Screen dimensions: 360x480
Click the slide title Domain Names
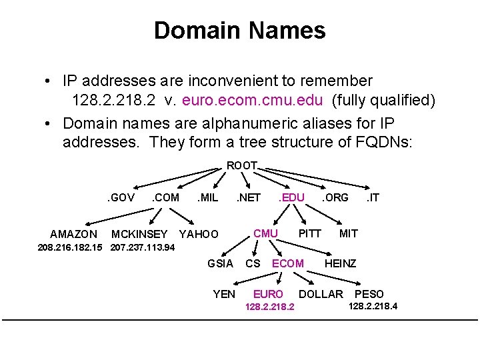pos(239,31)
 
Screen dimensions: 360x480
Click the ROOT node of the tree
pos(242,165)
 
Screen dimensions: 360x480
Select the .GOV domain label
pos(121,197)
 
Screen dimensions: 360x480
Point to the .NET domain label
pos(248,197)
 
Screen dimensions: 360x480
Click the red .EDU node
pos(291,197)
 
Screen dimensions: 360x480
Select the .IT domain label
pos(372,197)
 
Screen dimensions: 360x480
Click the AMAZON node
pos(74,234)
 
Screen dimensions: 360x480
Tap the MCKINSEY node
pos(139,234)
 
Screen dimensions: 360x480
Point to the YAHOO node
pos(199,234)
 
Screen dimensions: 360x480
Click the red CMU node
pos(266,233)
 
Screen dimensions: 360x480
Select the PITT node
pos(309,233)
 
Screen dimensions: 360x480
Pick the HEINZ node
pos(340,263)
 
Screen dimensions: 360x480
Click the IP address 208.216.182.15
pos(70,247)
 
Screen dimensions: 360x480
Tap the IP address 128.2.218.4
pos(373,307)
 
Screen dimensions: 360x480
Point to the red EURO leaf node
pos(268,294)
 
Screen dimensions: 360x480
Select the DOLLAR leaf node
pos(321,294)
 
